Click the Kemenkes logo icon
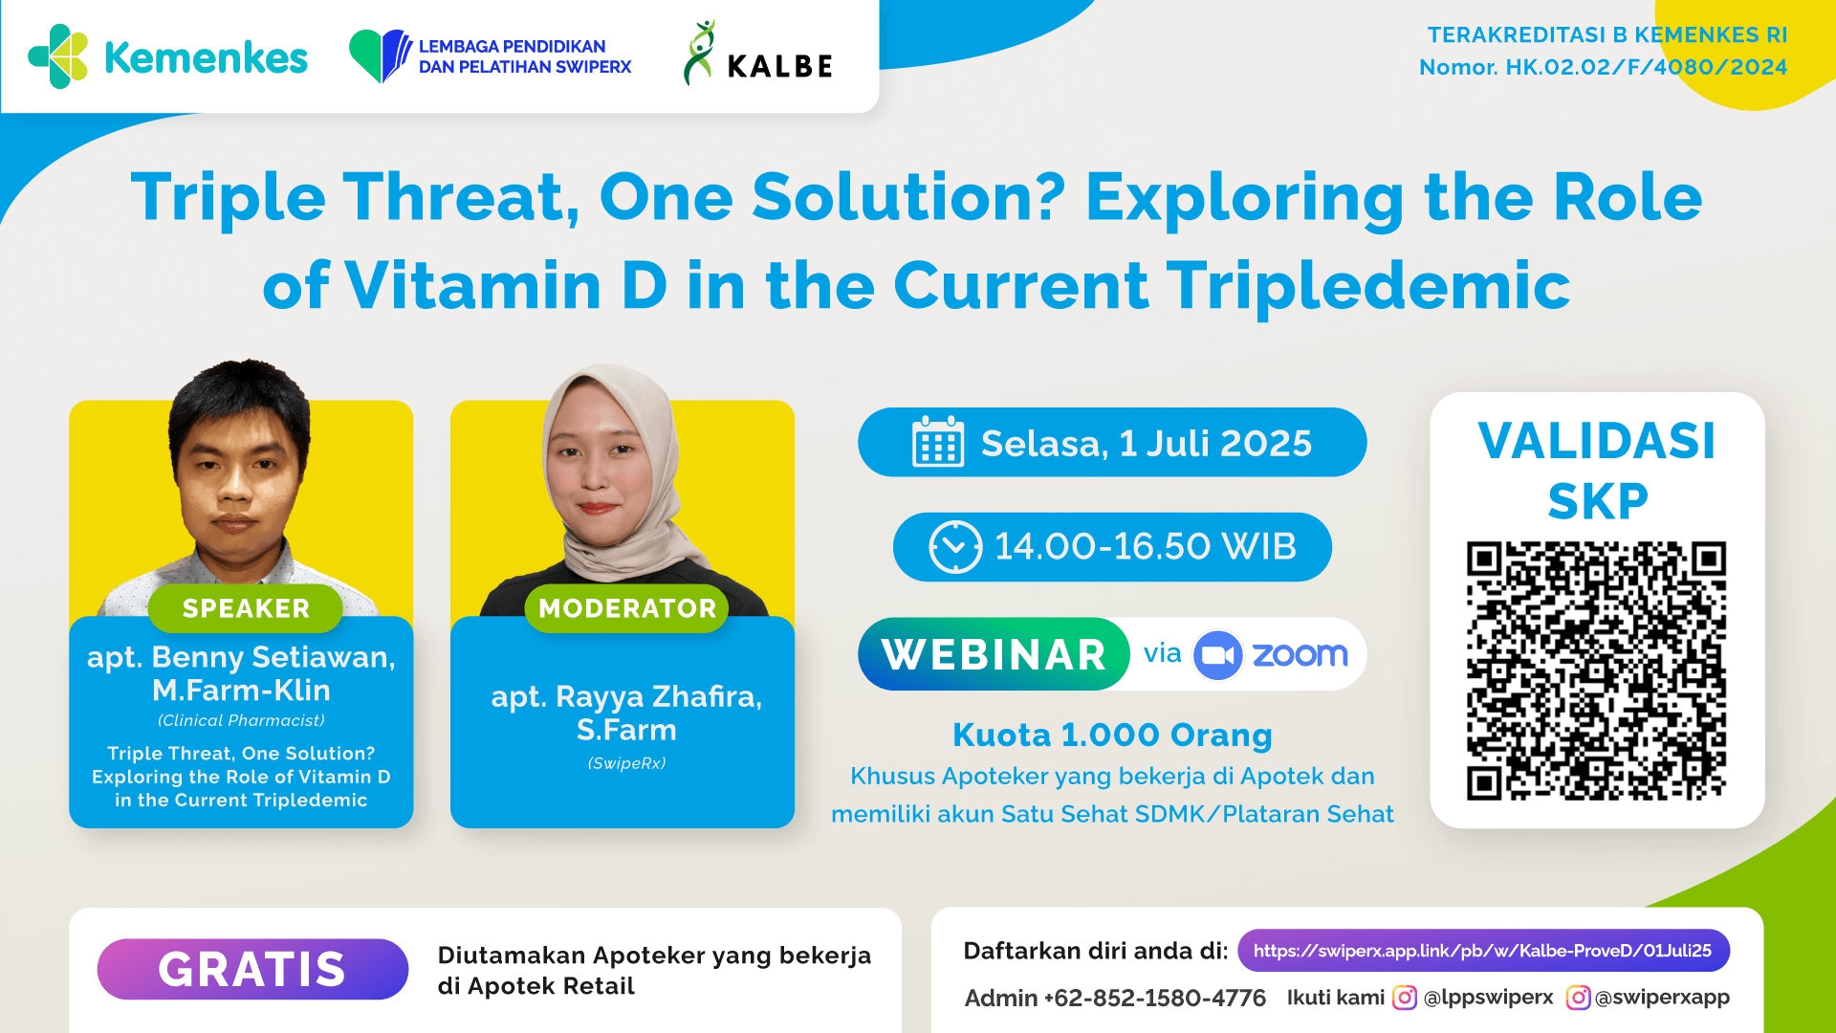coord(59,56)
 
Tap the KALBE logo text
coord(779,66)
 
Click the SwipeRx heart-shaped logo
coord(380,55)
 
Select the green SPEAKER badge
coord(246,608)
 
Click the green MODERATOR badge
coord(627,608)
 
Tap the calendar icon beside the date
coord(937,443)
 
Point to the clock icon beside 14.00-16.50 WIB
coord(954,547)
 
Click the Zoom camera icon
coord(1217,655)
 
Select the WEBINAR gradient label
coord(994,654)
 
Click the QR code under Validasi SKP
coord(1596,670)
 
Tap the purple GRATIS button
coord(252,969)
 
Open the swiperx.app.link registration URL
coord(1482,951)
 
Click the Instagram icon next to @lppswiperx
coord(1404,998)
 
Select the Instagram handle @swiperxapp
coord(1662,998)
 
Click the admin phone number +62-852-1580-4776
coord(1154,999)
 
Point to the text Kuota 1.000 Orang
coord(1112,735)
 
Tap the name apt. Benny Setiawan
coord(241,657)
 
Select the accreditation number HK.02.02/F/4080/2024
coord(1646,67)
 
